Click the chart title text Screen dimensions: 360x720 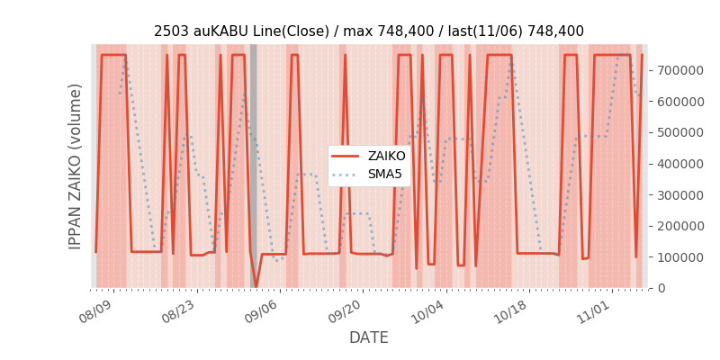pos(369,31)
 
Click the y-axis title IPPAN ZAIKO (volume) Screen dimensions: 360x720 pos(76,166)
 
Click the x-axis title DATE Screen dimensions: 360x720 pos(369,337)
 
